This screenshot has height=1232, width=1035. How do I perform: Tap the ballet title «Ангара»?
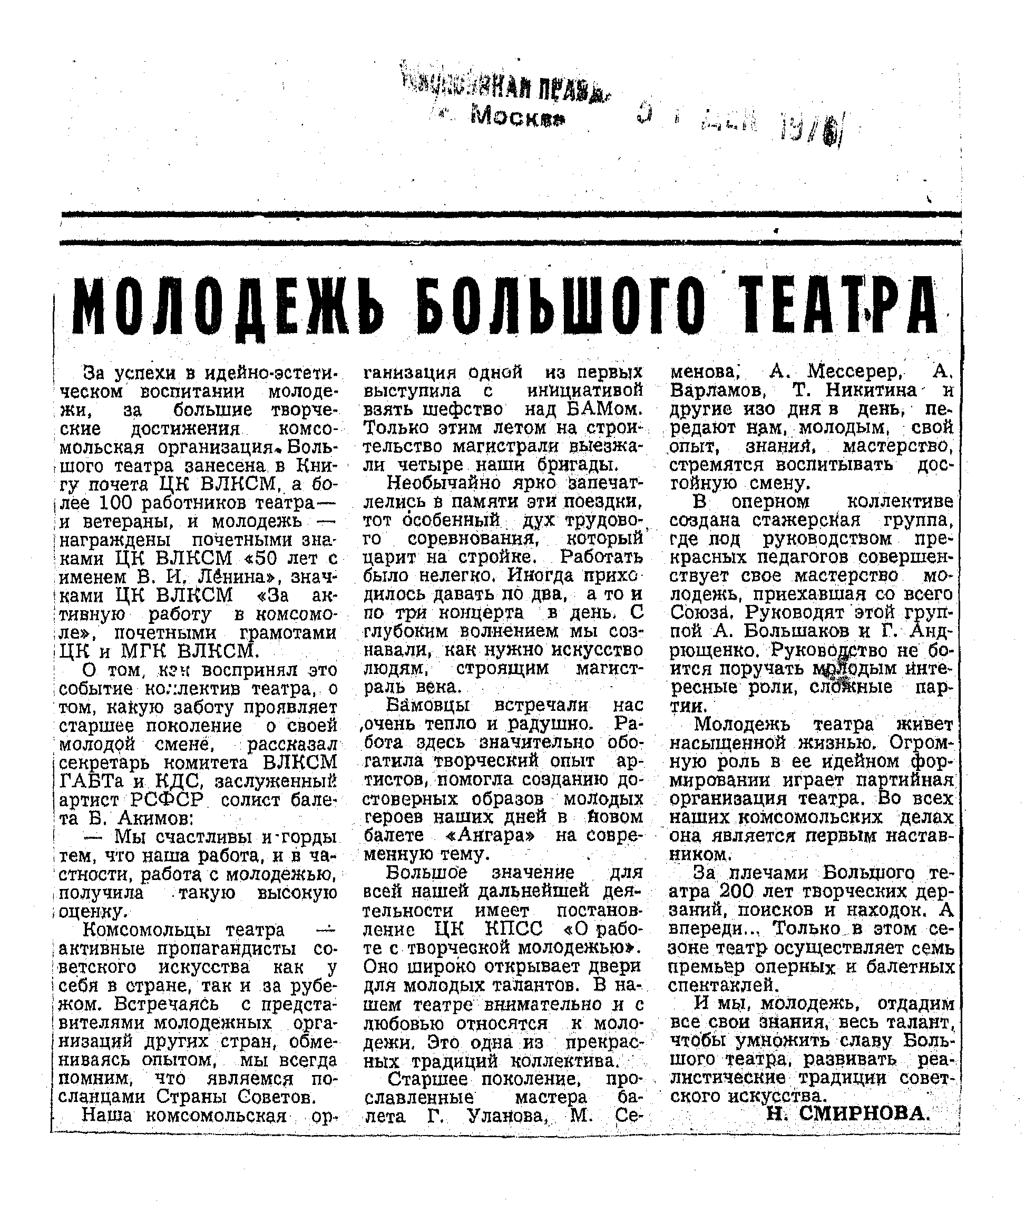pyautogui.click(x=491, y=835)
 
